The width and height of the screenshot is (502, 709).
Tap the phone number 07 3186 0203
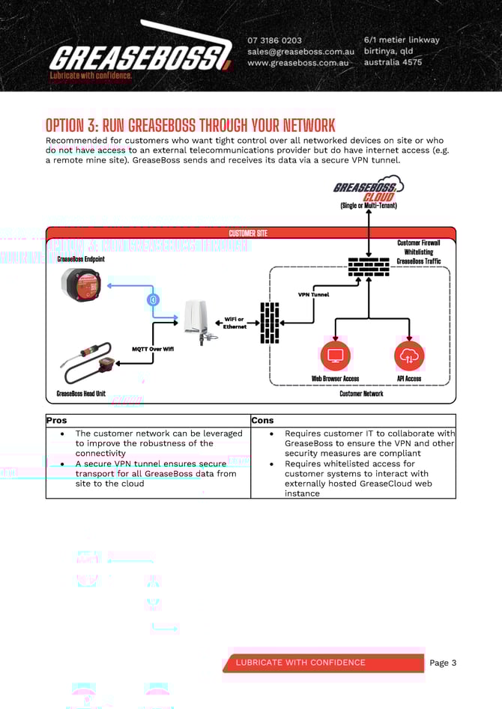(275, 40)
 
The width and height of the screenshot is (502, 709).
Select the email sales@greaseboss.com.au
(300, 52)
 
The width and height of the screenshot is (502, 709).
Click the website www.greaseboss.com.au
(298, 63)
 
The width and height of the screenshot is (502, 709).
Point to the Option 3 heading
(190, 125)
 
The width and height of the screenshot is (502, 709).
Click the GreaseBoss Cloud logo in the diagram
(368, 189)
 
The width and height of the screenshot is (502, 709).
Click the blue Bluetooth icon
(154, 299)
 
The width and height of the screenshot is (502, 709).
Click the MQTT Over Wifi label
(153, 349)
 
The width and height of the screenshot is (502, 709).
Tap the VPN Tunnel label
(313, 295)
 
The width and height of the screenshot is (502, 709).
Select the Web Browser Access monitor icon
(335, 356)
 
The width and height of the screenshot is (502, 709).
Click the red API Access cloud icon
(409, 356)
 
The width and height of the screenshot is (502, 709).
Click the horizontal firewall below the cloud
(369, 267)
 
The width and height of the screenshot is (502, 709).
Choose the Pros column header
(57, 421)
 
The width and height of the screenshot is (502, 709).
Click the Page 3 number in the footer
(443, 663)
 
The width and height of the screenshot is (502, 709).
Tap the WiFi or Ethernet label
(235, 323)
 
